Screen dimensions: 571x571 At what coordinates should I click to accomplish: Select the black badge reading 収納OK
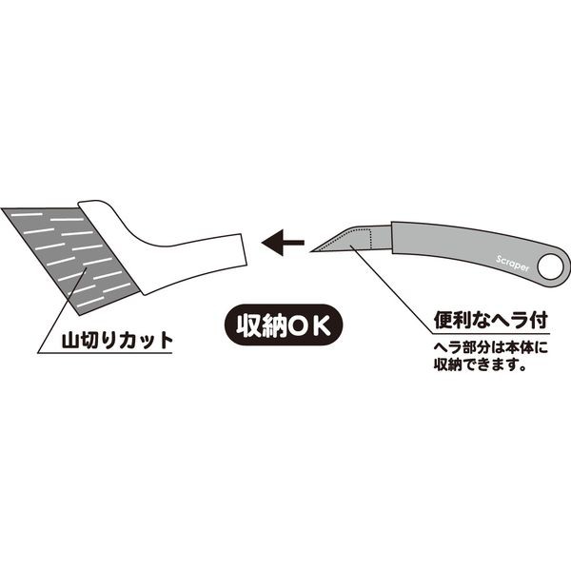pyautogui.click(x=279, y=325)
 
